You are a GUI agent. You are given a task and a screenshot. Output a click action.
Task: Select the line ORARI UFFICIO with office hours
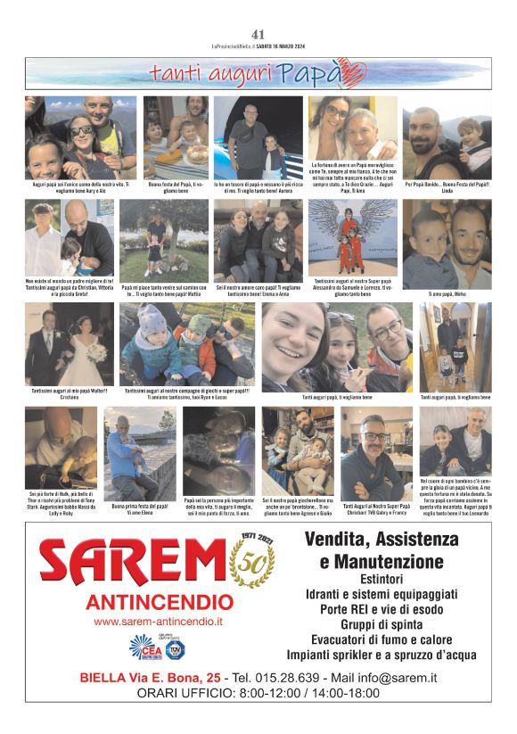[258, 693]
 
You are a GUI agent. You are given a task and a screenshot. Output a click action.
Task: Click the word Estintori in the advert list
[374, 580]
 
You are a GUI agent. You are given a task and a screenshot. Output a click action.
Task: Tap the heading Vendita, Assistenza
[374, 540]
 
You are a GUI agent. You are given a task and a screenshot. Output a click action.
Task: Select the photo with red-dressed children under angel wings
[352, 237]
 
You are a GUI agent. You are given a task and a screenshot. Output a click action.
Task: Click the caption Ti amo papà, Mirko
[447, 293]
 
